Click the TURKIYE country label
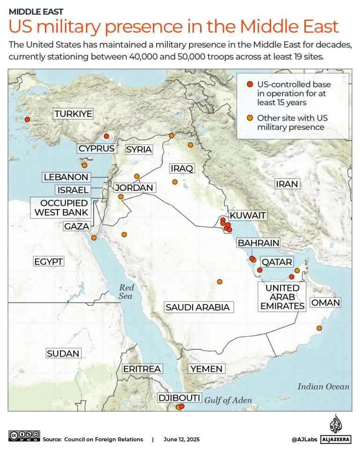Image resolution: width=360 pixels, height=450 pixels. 73,114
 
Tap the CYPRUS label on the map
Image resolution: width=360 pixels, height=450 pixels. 96,148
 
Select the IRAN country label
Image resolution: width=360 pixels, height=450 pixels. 287,184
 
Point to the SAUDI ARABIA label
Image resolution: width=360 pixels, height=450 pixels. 197,307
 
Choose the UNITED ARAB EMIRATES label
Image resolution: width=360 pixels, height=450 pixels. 282,297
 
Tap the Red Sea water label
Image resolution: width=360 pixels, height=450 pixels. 126,292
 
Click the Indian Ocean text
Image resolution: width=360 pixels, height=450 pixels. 324,386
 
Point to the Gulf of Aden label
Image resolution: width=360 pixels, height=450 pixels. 228,400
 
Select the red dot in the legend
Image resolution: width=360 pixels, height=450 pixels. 250,85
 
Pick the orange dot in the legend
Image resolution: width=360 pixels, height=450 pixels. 250,118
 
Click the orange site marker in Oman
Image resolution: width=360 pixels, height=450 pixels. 319,328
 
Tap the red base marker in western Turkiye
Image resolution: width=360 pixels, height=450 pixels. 27,119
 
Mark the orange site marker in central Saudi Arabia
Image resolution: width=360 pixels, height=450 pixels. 220,282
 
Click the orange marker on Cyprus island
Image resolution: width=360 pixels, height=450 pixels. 85,165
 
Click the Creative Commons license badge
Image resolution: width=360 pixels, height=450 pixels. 24,436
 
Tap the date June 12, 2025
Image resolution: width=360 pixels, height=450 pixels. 181,439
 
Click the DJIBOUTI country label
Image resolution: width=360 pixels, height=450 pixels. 180,398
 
